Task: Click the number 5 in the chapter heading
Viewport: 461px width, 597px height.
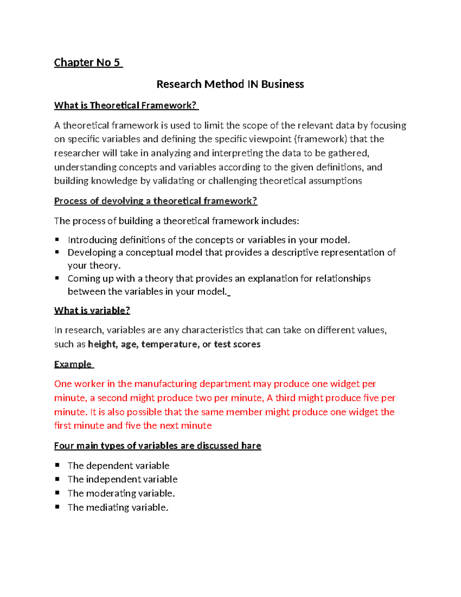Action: point(116,62)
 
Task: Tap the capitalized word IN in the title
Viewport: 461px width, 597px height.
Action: point(252,84)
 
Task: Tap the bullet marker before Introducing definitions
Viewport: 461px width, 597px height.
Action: point(57,239)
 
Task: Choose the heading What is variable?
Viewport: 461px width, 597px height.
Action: point(92,310)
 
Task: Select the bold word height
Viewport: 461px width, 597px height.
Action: point(102,344)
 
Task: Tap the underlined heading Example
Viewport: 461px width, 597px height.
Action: point(73,364)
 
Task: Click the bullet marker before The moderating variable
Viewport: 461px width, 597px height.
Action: point(57,493)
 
